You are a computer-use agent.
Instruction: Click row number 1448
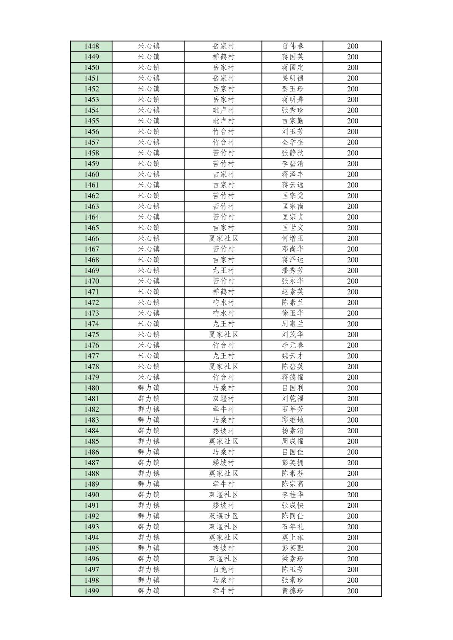click(91, 46)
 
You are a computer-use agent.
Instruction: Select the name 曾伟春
click(292, 46)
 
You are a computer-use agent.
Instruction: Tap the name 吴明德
click(292, 78)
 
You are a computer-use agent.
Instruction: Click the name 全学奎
click(292, 142)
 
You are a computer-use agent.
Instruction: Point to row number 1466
click(91, 238)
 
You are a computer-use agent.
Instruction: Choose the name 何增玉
click(292, 238)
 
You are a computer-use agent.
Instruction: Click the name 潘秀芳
click(292, 270)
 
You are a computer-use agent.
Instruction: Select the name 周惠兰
click(292, 324)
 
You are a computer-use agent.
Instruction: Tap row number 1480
click(91, 388)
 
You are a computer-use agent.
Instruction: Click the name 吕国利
click(292, 388)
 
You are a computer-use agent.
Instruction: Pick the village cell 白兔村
click(223, 570)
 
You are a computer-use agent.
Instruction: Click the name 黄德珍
click(292, 591)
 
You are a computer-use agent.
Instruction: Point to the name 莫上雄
click(292, 538)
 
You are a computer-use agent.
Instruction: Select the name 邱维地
click(292, 420)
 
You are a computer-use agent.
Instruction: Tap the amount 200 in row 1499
click(353, 591)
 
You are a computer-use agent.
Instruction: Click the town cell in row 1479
click(148, 377)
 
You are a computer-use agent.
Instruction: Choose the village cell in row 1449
click(223, 57)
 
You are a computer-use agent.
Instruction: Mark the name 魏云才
click(292, 356)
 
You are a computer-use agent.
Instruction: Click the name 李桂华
click(292, 495)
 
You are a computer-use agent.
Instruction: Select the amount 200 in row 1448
click(353, 46)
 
